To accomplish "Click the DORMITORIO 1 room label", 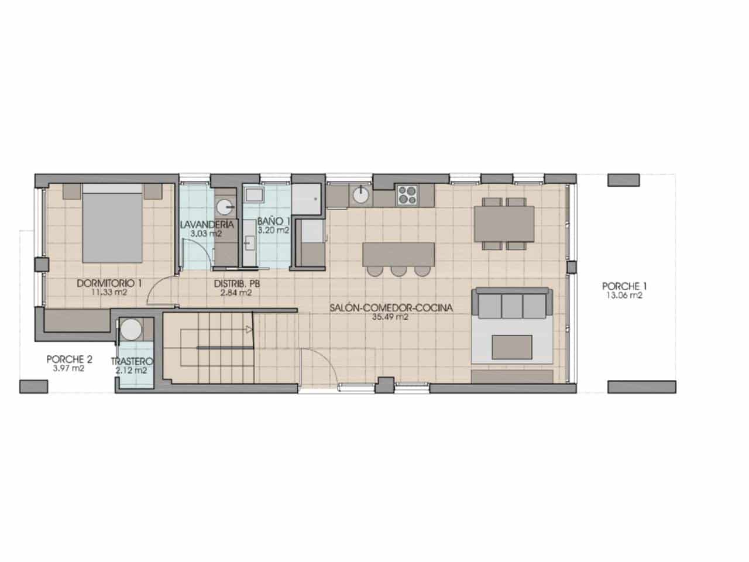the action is [x=109, y=283].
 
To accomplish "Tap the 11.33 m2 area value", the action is [x=109, y=292].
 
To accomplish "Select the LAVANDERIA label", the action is [x=207, y=225].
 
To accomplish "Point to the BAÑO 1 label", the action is [x=274, y=221].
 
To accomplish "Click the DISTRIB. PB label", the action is [x=237, y=283].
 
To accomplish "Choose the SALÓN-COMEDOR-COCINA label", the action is [x=391, y=308].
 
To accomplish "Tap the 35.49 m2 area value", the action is [x=390, y=317].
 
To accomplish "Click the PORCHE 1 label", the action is [x=624, y=286].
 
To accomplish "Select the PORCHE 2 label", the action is [x=70, y=359].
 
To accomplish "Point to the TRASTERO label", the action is [x=132, y=361].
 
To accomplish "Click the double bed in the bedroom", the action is [x=112, y=223].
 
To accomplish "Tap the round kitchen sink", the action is [x=360, y=195].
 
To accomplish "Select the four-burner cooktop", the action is [x=407, y=194].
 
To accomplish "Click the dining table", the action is [x=504, y=224].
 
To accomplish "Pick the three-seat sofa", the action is [x=512, y=304].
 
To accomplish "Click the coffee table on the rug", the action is [x=512, y=347].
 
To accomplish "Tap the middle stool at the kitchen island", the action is [x=399, y=271].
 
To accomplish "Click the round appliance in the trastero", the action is [x=132, y=330].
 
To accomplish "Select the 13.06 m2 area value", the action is [x=624, y=296].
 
